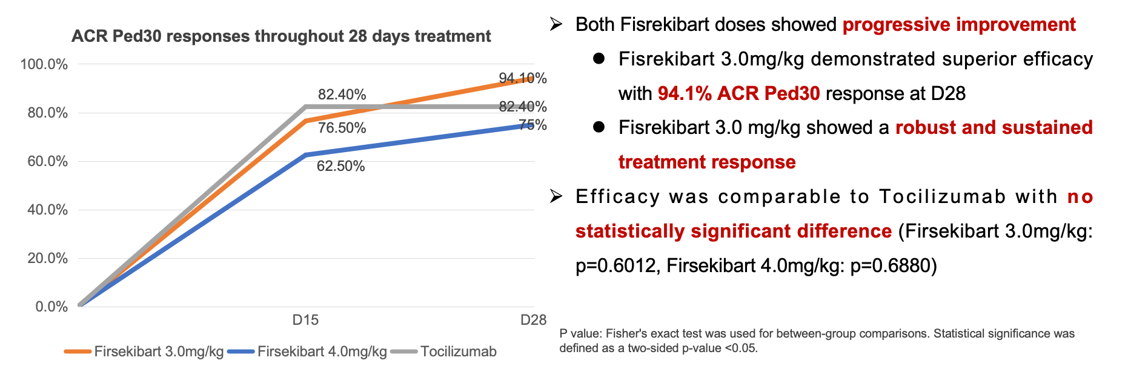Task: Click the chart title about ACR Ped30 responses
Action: point(281,36)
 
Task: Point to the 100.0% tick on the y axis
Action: point(44,64)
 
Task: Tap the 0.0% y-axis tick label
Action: point(51,307)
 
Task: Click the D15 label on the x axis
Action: point(305,320)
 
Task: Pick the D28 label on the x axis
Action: point(533,320)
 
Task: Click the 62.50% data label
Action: point(340,166)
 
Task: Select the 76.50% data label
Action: point(342,128)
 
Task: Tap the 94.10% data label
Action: point(522,78)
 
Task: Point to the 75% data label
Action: point(533,125)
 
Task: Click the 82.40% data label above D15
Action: point(342,95)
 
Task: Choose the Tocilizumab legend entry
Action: point(458,351)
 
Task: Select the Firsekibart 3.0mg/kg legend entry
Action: point(159,351)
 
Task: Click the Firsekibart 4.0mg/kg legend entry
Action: point(322,351)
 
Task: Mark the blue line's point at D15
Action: point(306,155)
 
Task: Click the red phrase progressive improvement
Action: point(959,24)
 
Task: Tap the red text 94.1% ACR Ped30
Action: point(738,93)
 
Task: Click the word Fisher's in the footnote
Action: point(626,333)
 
